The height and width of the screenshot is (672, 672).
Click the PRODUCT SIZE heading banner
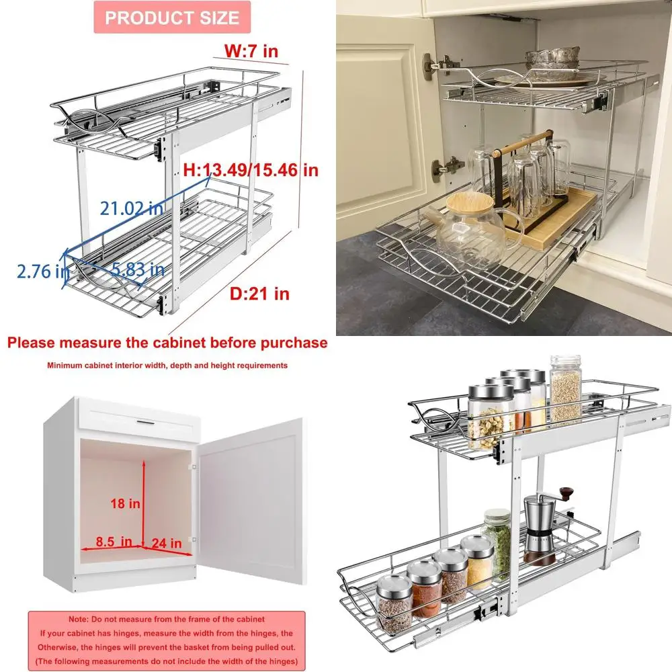[x=172, y=17]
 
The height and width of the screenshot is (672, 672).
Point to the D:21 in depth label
[x=261, y=294]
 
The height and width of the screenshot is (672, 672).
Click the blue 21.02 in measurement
[x=132, y=208]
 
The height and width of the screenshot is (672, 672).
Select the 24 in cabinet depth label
[x=166, y=542]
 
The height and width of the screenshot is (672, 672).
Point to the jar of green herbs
[x=497, y=541]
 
